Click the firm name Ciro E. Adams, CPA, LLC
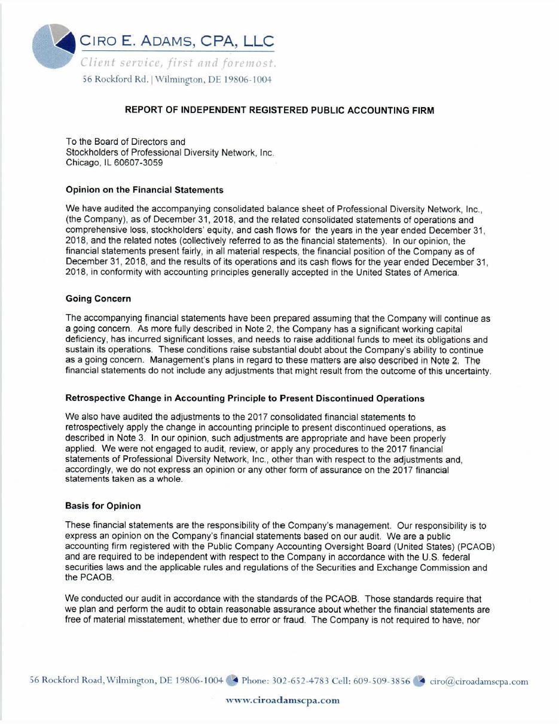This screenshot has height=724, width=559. [x=177, y=41]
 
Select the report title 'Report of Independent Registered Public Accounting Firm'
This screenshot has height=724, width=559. [x=279, y=110]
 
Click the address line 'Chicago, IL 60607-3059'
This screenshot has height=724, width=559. [x=114, y=162]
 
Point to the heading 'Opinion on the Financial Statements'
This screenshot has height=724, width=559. [x=144, y=190]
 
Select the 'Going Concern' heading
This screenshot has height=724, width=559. [x=98, y=299]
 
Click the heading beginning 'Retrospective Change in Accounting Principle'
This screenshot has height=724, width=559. [x=245, y=398]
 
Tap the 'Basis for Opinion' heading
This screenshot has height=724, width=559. [x=103, y=506]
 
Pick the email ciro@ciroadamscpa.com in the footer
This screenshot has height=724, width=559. [x=479, y=681]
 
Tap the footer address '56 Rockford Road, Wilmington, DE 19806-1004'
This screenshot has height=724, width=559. [x=127, y=681]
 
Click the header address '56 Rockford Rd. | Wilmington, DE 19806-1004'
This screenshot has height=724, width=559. [x=177, y=80]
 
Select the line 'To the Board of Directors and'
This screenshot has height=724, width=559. [x=126, y=142]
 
